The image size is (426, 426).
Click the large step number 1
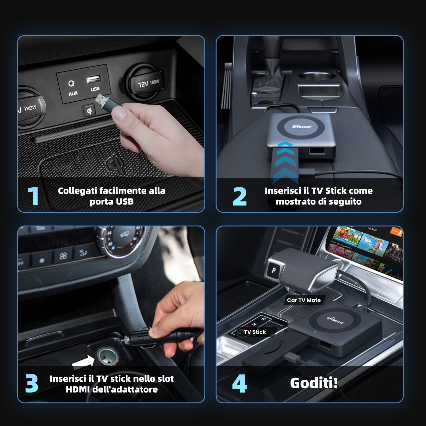(x=33, y=196)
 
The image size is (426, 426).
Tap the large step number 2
(x=239, y=196)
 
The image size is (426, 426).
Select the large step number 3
(x=32, y=383)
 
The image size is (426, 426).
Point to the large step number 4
(x=239, y=384)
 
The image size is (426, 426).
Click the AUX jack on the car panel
(x=71, y=83)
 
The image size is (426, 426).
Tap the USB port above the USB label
(x=93, y=79)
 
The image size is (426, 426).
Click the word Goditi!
(x=314, y=383)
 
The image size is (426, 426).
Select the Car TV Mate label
(x=304, y=300)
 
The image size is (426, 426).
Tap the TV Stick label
(x=255, y=332)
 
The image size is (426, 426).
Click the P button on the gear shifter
(x=273, y=270)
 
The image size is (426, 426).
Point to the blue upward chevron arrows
(x=285, y=162)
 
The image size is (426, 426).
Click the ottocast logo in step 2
(x=302, y=126)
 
